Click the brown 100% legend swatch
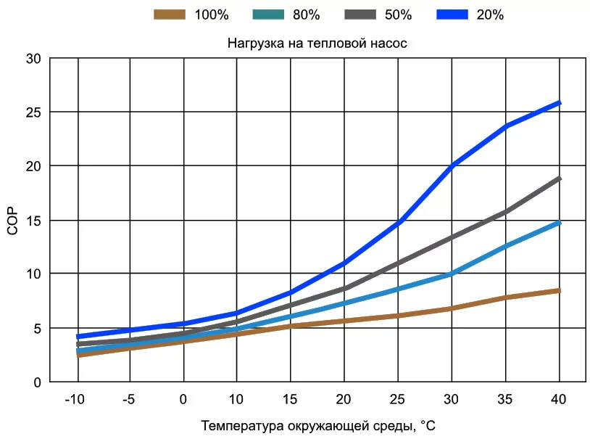[x=170, y=14]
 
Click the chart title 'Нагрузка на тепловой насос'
[x=317, y=43]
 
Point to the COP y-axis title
[x=12, y=220]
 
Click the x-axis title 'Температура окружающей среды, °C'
[x=318, y=425]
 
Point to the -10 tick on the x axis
[x=76, y=400]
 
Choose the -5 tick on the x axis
[x=130, y=400]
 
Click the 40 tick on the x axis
[x=559, y=400]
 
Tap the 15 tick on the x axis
[x=291, y=400]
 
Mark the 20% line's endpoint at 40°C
[x=559, y=103]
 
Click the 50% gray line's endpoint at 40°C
[x=559, y=179]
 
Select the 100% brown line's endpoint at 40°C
[x=559, y=291]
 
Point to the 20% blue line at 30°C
[x=452, y=167]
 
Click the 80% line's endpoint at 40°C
[x=559, y=223]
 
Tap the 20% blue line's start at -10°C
[x=78, y=337]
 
